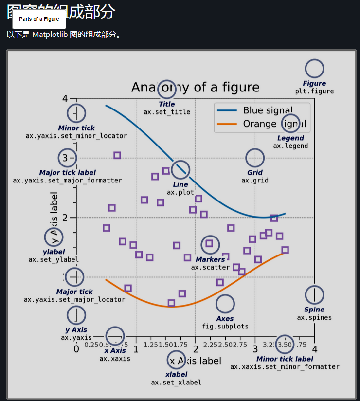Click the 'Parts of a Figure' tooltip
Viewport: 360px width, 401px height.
coord(39,19)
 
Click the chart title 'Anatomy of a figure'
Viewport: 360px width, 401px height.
coord(195,87)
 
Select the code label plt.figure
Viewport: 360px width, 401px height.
coord(314,91)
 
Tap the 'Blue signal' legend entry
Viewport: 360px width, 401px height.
coord(268,110)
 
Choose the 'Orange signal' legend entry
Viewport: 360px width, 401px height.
coord(268,124)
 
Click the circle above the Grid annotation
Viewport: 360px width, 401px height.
coord(255,158)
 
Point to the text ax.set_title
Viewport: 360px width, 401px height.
coord(167,112)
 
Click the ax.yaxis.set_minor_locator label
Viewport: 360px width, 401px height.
coord(76,136)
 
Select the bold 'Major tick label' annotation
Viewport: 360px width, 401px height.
coord(67,172)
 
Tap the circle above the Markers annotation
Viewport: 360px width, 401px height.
coord(210,244)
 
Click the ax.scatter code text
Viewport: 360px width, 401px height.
coord(210,267)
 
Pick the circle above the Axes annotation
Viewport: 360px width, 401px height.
coord(225,304)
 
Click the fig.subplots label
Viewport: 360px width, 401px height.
coord(225,326)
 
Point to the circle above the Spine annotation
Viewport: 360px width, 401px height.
coord(314,295)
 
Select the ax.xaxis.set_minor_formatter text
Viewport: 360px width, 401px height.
coord(285,366)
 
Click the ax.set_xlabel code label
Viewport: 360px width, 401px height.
coord(176,382)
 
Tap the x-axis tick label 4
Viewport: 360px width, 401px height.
coord(315,349)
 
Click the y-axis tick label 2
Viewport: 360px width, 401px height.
coord(65,218)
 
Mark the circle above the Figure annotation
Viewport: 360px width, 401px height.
coord(314,69)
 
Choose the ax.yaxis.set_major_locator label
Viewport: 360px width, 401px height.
coord(74,299)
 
